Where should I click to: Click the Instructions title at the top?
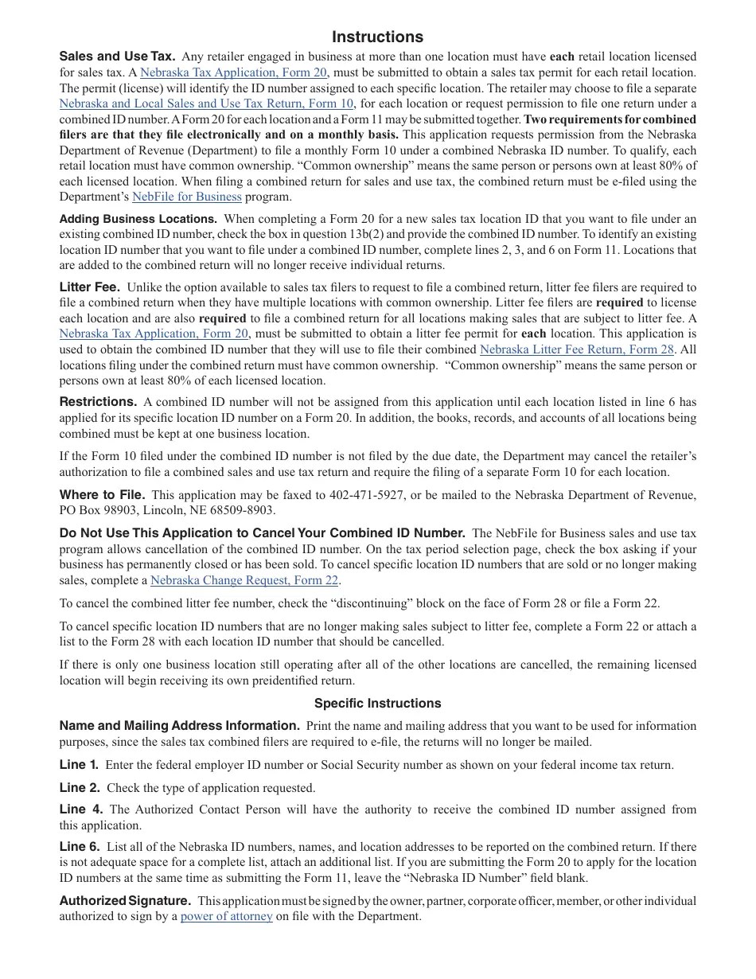click(x=377, y=37)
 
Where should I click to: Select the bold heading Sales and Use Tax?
click(x=117, y=57)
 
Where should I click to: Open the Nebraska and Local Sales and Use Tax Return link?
click(x=206, y=103)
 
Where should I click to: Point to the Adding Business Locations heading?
click(x=138, y=219)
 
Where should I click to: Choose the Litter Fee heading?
click(x=89, y=287)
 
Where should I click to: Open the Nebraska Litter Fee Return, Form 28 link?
click(x=576, y=349)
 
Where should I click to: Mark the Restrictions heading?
click(x=98, y=402)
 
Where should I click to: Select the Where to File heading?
click(x=102, y=495)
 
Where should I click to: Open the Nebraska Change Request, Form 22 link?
click(x=244, y=580)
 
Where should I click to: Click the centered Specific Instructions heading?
click(x=377, y=704)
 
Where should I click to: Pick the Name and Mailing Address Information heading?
click(x=179, y=726)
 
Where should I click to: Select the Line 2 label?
click(x=79, y=788)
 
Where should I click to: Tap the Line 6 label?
click(x=79, y=847)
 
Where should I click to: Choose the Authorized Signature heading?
click(x=125, y=901)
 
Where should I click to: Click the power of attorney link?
click(x=226, y=916)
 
